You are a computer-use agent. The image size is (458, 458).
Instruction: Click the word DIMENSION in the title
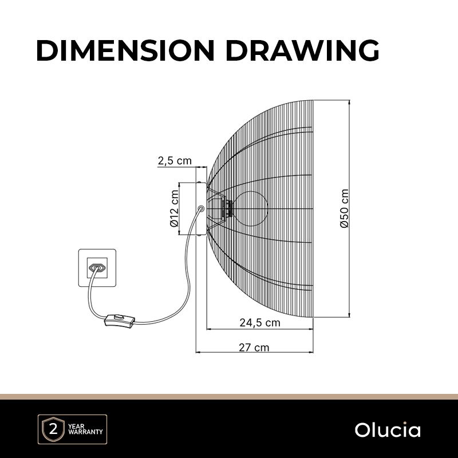[125, 50]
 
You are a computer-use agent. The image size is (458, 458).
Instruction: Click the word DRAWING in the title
[303, 50]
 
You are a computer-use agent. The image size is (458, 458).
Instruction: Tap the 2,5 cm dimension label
[175, 161]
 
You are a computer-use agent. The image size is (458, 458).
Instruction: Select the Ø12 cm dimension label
[174, 208]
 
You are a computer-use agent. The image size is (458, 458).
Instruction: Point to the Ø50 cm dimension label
[345, 208]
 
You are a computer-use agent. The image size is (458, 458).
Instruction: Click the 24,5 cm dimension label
[260, 323]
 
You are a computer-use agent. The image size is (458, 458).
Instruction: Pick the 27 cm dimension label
[254, 348]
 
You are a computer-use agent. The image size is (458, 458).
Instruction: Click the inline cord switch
[120, 320]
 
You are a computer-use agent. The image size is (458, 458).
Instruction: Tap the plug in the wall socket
[97, 267]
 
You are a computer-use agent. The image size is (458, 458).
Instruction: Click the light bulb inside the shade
[251, 208]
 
